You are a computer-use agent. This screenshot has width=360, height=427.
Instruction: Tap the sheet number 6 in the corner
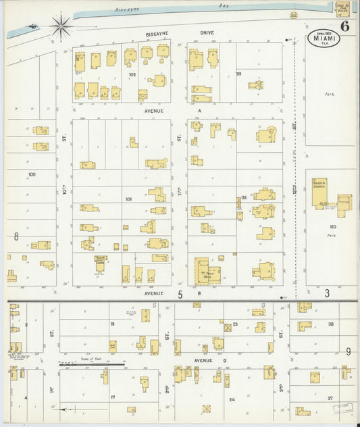tap(345, 27)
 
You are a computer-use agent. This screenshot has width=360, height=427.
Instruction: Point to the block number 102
tap(132, 75)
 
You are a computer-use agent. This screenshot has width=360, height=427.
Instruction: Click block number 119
tap(238, 73)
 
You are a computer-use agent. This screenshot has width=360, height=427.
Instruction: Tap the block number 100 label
tap(31, 174)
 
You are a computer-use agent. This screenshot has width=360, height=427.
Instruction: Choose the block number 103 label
tap(129, 199)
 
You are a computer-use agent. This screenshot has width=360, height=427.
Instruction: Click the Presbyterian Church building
tap(319, 193)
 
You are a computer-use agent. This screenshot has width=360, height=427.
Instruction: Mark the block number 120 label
tap(332, 227)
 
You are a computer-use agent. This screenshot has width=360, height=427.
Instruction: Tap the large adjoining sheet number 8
tap(15, 236)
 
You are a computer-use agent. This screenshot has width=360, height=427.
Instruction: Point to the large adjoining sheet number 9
tap(349, 351)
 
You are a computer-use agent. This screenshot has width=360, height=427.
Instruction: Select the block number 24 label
tap(232, 399)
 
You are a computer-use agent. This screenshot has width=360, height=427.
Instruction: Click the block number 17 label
tap(113, 397)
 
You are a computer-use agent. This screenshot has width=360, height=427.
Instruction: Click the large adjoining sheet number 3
tap(327, 293)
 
